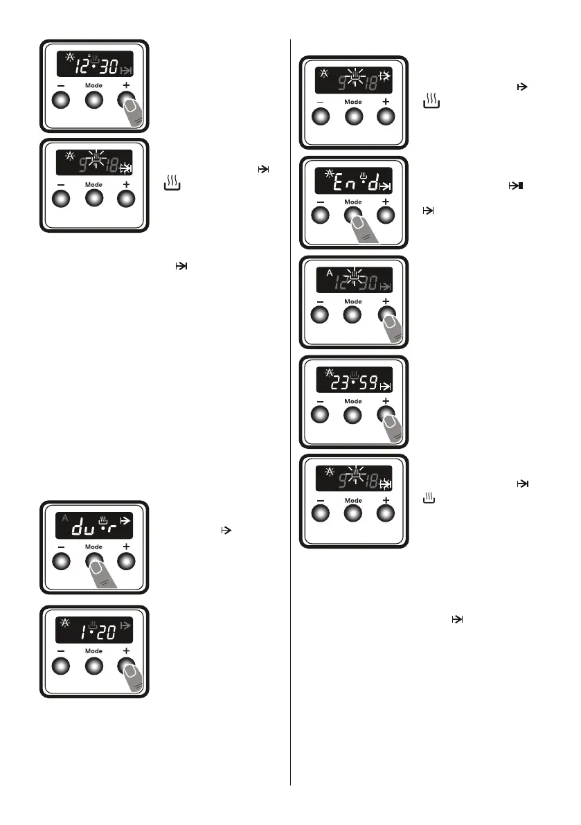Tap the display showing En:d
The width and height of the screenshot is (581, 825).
coord(353,182)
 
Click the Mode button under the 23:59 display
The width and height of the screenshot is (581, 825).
coord(353,415)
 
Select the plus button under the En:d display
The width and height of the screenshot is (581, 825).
coord(386,215)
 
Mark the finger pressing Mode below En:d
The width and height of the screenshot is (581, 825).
coord(364,229)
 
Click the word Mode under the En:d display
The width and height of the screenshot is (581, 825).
coord(353,202)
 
